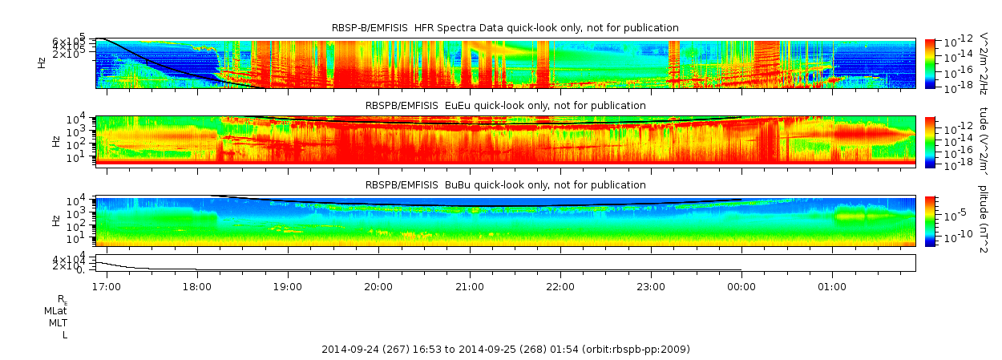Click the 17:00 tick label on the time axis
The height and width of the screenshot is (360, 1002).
tap(107, 286)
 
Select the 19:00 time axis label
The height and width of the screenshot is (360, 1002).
tap(288, 286)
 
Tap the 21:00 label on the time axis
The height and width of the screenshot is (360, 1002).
tap(470, 286)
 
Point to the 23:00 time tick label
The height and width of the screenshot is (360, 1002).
tap(651, 286)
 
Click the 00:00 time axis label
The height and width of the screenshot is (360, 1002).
tap(741, 286)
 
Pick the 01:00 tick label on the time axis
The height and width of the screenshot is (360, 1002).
tap(832, 286)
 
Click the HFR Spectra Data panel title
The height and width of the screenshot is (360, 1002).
tap(505, 28)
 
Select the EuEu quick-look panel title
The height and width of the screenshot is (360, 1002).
tap(505, 106)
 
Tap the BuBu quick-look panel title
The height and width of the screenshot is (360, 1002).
tap(505, 185)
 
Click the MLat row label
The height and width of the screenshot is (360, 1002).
tap(55, 310)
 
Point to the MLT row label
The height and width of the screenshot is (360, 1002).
tap(56, 322)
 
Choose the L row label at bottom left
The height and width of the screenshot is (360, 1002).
tap(65, 334)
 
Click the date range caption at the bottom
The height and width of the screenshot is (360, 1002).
tap(505, 350)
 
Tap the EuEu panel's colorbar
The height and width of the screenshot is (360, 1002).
tap(931, 141)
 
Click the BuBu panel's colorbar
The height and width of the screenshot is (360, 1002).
tap(931, 220)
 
